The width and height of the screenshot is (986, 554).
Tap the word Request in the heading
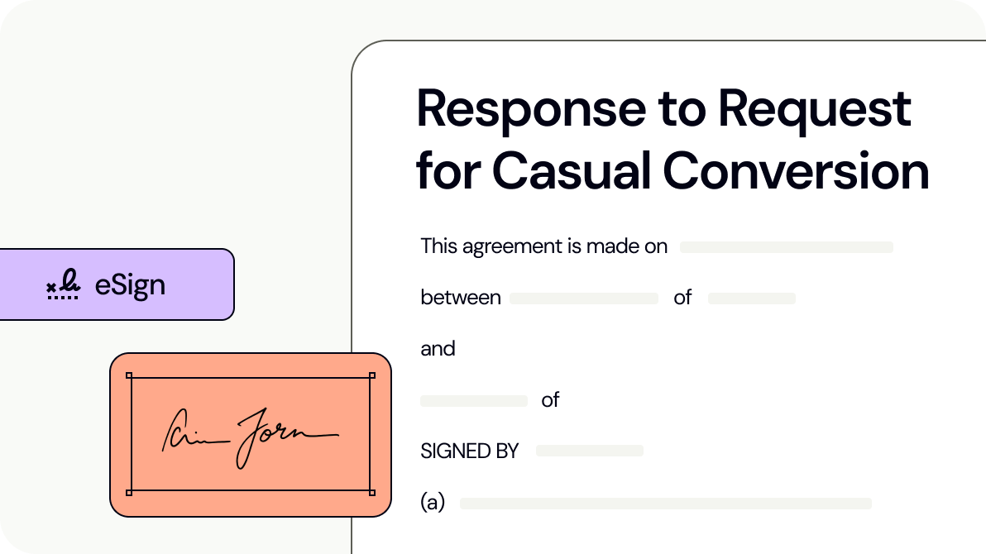[815, 109]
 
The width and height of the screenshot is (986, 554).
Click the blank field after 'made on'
[786, 247]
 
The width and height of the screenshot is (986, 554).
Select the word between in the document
[461, 298]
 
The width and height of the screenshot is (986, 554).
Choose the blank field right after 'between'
[583, 298]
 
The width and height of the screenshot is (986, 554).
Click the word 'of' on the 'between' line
[682, 298]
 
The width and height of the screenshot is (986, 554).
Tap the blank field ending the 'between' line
[751, 298]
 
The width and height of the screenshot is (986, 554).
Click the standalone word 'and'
[438, 349]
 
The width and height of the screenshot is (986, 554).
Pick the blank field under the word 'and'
[474, 401]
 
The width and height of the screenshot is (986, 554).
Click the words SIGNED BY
[469, 451]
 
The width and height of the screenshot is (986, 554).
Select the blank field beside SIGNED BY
[589, 451]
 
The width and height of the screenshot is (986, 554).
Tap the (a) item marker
[433, 503]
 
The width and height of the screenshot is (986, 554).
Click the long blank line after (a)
[666, 504]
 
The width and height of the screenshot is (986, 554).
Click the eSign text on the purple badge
[130, 285]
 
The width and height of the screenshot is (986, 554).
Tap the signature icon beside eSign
[64, 285]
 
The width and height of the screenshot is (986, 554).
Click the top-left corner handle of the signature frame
[129, 376]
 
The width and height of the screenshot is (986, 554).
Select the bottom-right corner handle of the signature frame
[371, 493]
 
